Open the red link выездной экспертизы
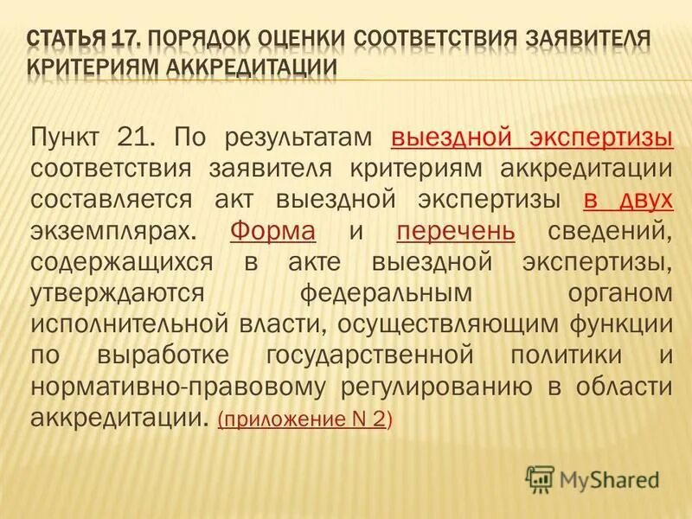coord(532,137)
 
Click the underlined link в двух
coord(628,199)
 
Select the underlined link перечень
coord(456,231)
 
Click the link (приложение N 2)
coord(304,420)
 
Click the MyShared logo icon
coord(540,477)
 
